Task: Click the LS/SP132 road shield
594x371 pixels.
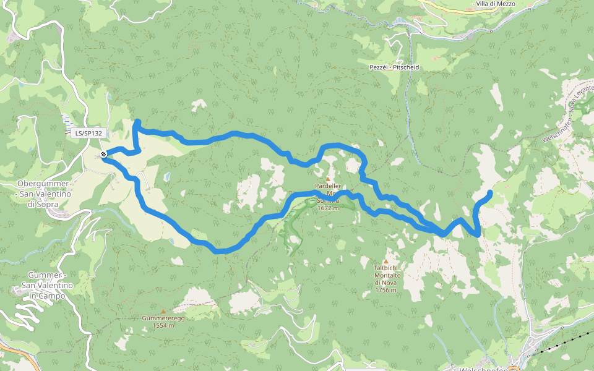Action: pyautogui.click(x=88, y=133)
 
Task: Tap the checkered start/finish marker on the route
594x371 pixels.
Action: pyautogui.click(x=103, y=154)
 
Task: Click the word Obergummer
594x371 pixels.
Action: pyautogui.click(x=38, y=184)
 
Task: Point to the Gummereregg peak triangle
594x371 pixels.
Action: pyautogui.click(x=163, y=312)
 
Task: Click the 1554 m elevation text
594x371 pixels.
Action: pyautogui.click(x=163, y=325)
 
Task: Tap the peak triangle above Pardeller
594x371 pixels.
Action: pyautogui.click(x=328, y=179)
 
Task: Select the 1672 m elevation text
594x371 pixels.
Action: pyautogui.click(x=328, y=208)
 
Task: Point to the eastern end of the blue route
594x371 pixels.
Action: pyautogui.click(x=490, y=193)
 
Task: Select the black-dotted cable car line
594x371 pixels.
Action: pyautogui.click(x=560, y=343)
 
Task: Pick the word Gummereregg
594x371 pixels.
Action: pyautogui.click(x=163, y=318)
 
